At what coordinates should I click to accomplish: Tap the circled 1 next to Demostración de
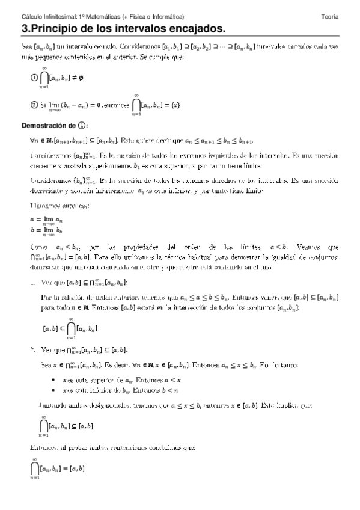click(82, 126)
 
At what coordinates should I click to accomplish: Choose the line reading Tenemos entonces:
click(52, 206)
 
